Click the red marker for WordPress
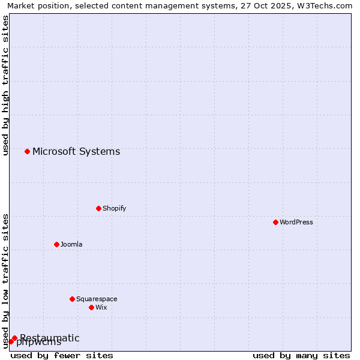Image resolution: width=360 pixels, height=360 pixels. pos(275,222)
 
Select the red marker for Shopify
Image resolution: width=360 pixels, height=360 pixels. pos(98,208)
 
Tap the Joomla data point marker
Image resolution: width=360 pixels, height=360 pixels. pos(56,244)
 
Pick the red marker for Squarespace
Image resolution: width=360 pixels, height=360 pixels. pos(72,299)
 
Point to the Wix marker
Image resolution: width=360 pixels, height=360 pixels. pos(91,307)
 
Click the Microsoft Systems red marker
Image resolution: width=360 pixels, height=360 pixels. pos(27,151)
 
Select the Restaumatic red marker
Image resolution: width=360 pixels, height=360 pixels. pos(14,338)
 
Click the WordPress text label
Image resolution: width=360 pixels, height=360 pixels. pos(296,222)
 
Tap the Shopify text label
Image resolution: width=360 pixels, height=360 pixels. pos(114,208)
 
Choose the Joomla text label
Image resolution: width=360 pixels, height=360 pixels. pos(71,244)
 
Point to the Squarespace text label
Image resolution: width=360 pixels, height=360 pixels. pos(97,299)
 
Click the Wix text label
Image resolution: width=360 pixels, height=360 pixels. pos(101,307)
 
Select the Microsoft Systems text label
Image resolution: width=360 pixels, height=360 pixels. pos(76,151)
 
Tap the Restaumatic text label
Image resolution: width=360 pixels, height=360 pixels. pos(50,338)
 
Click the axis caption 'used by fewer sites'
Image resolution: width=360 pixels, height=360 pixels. pos(62,355)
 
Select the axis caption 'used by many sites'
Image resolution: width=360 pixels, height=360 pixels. pos(301,355)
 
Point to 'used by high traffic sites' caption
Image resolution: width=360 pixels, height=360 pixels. pos(5,85)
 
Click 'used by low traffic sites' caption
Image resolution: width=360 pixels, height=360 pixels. pos(5,280)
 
